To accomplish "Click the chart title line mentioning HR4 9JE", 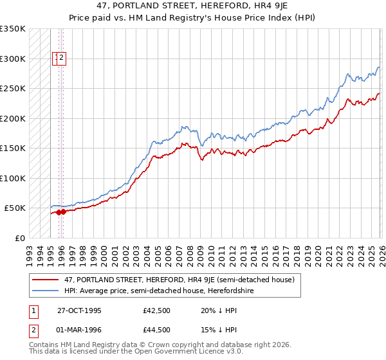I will [x=193, y=6].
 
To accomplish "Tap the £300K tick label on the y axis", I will [x=13, y=59].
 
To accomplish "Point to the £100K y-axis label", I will [x=13, y=178].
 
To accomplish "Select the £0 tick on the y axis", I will [x=20, y=238].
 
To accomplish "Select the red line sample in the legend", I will [x=46, y=280].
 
